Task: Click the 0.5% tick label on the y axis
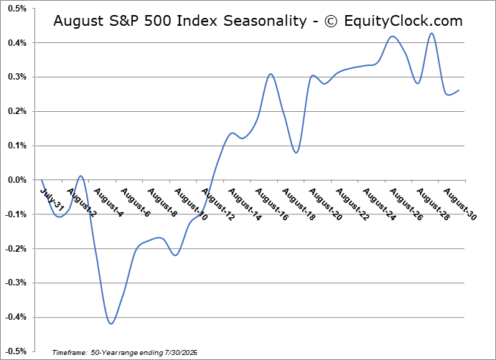17,9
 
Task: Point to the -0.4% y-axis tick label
16,317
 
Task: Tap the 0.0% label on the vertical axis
17,180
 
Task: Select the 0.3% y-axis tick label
17,77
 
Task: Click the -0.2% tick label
16,249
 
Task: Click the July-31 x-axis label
52,200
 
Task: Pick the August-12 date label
218,204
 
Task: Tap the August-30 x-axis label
460,204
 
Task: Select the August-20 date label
325,204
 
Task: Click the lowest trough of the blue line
111,323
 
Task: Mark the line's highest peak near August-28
432,33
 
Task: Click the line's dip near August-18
296,153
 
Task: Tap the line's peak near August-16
271,74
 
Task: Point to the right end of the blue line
459,90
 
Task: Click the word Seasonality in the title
265,22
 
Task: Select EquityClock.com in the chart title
403,22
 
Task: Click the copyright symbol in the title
331,22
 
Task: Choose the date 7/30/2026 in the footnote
180,352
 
